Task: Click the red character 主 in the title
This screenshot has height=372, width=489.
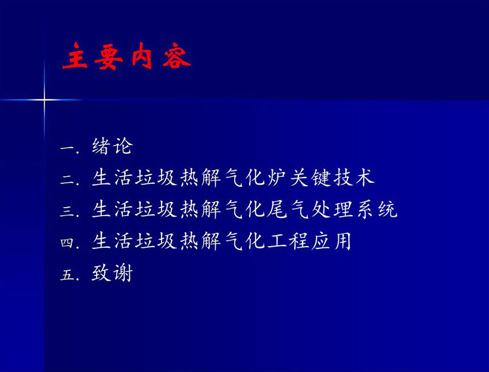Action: pyautogui.click(x=75, y=56)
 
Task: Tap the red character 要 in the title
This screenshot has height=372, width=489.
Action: pyautogui.click(x=108, y=57)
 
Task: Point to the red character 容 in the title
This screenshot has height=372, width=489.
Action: pyautogui.click(x=176, y=56)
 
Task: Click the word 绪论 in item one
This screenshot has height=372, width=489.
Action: pyautogui.click(x=112, y=146)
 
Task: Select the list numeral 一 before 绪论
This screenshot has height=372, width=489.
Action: pyautogui.click(x=67, y=148)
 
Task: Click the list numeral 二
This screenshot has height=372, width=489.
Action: pyautogui.click(x=67, y=179)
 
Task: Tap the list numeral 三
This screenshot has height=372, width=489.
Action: pyautogui.click(x=67, y=211)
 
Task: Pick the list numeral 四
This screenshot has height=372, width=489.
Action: pyautogui.click(x=67, y=243)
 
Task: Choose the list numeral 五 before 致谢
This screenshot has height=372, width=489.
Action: pyautogui.click(x=67, y=275)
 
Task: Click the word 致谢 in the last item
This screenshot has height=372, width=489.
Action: pyautogui.click(x=112, y=273)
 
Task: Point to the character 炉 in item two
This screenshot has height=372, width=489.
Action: pyautogui.click(x=277, y=178)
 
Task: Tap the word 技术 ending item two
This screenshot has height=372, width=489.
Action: pyautogui.click(x=354, y=178)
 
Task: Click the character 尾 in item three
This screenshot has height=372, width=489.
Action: pyautogui.click(x=277, y=209)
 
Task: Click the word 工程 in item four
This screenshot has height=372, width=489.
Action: pyautogui.click(x=288, y=241)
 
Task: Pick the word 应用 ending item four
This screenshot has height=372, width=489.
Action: pyautogui.click(x=331, y=241)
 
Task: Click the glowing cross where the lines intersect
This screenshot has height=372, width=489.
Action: pyautogui.click(x=44, y=99)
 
